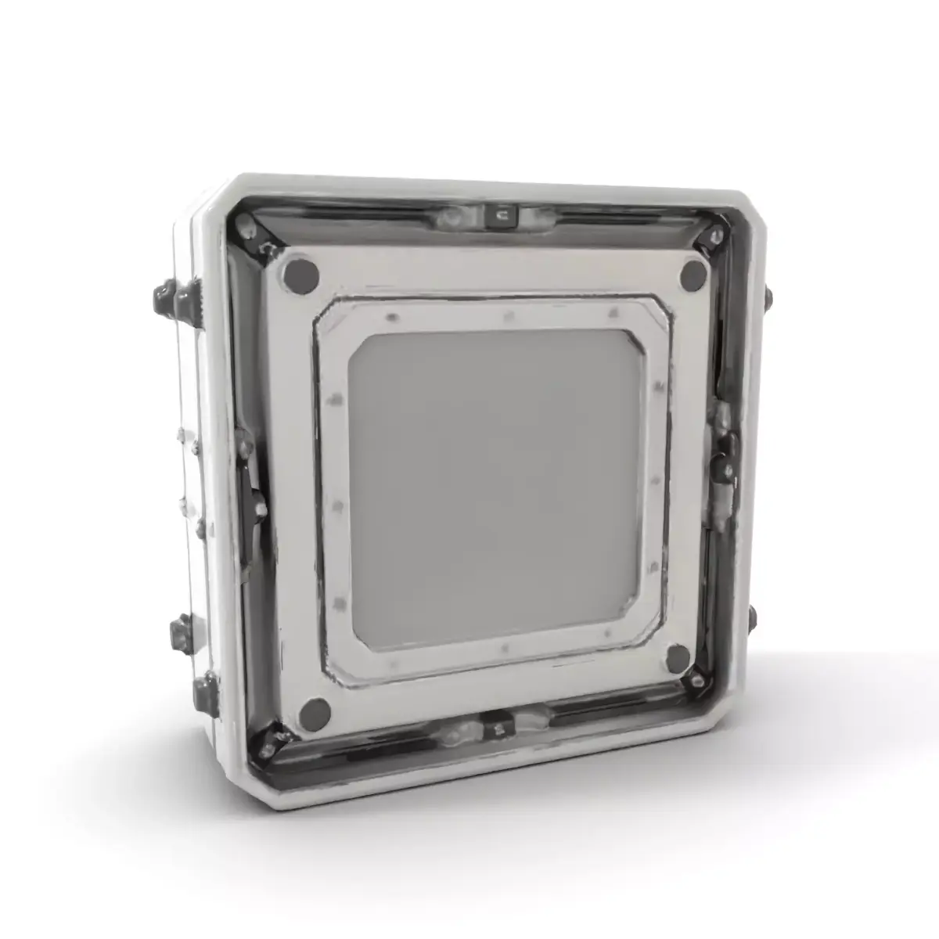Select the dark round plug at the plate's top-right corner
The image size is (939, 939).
693,274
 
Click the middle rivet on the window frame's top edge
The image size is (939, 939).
507,316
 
